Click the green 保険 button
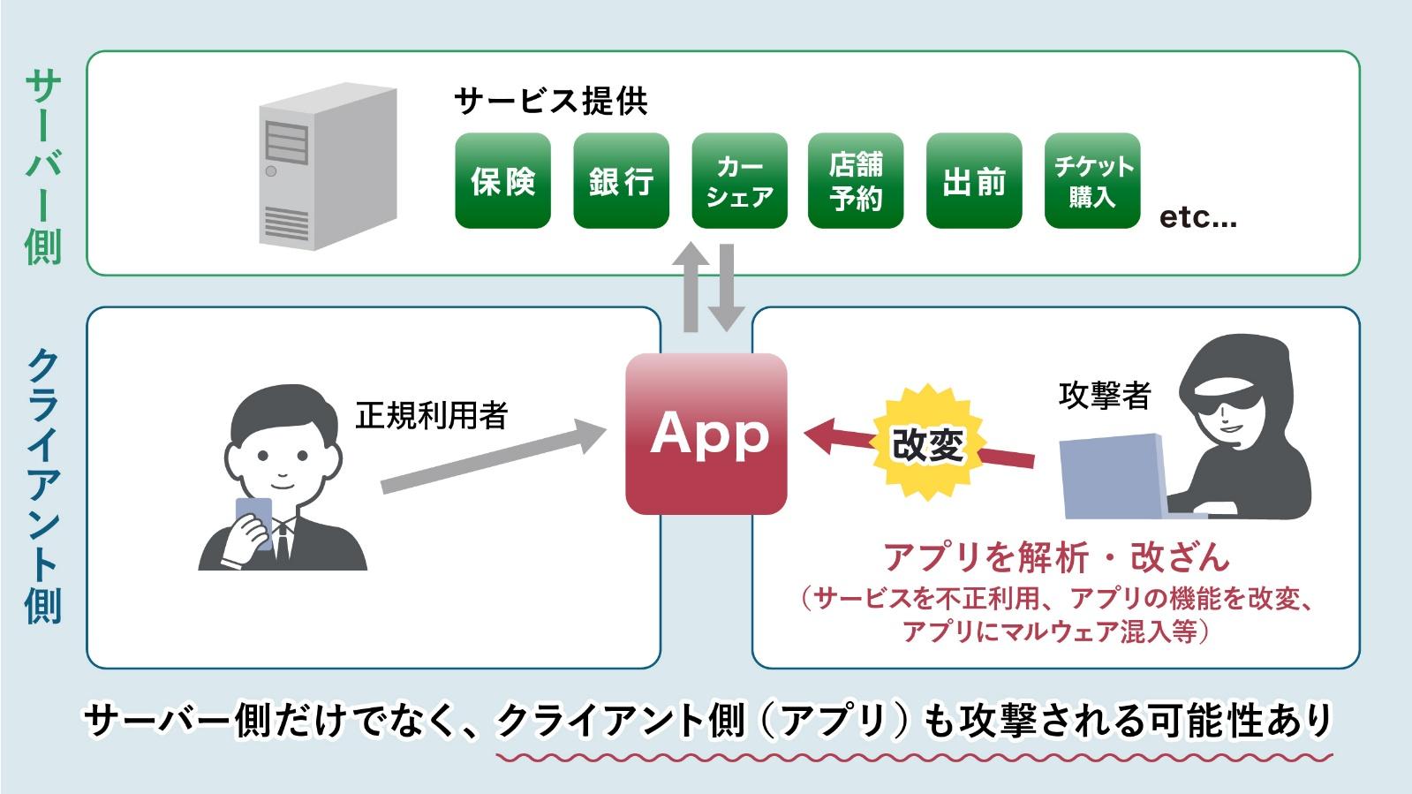502,181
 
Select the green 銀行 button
621,181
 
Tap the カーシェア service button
739,181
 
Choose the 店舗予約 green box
856,181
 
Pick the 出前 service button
974,181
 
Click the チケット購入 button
1092,181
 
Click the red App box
706,434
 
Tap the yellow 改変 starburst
927,442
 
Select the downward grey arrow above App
727,288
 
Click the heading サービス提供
551,101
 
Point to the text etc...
1197,217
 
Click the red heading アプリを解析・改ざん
1056,556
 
